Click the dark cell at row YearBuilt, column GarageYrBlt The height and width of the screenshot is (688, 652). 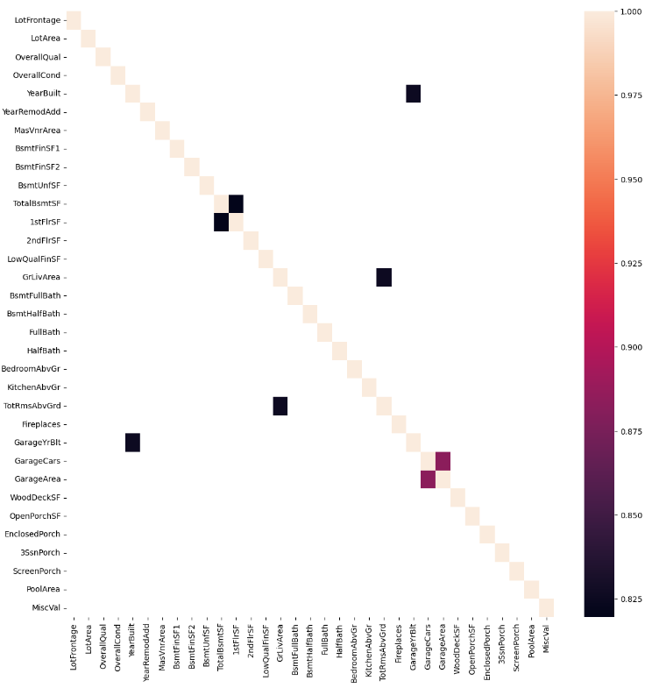(414, 94)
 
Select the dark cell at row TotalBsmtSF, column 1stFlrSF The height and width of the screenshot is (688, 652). (236, 203)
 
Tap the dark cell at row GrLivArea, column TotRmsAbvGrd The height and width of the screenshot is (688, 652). (384, 277)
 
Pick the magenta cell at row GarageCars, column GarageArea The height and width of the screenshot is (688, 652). (443, 461)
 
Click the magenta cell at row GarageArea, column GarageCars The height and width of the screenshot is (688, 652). (428, 479)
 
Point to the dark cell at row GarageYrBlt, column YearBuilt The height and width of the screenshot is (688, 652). (132, 443)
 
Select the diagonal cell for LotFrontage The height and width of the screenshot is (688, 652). (74, 20)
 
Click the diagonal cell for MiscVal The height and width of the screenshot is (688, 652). (546, 608)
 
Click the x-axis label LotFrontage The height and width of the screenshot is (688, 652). (74, 649)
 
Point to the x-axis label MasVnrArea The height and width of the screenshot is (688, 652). (162, 648)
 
